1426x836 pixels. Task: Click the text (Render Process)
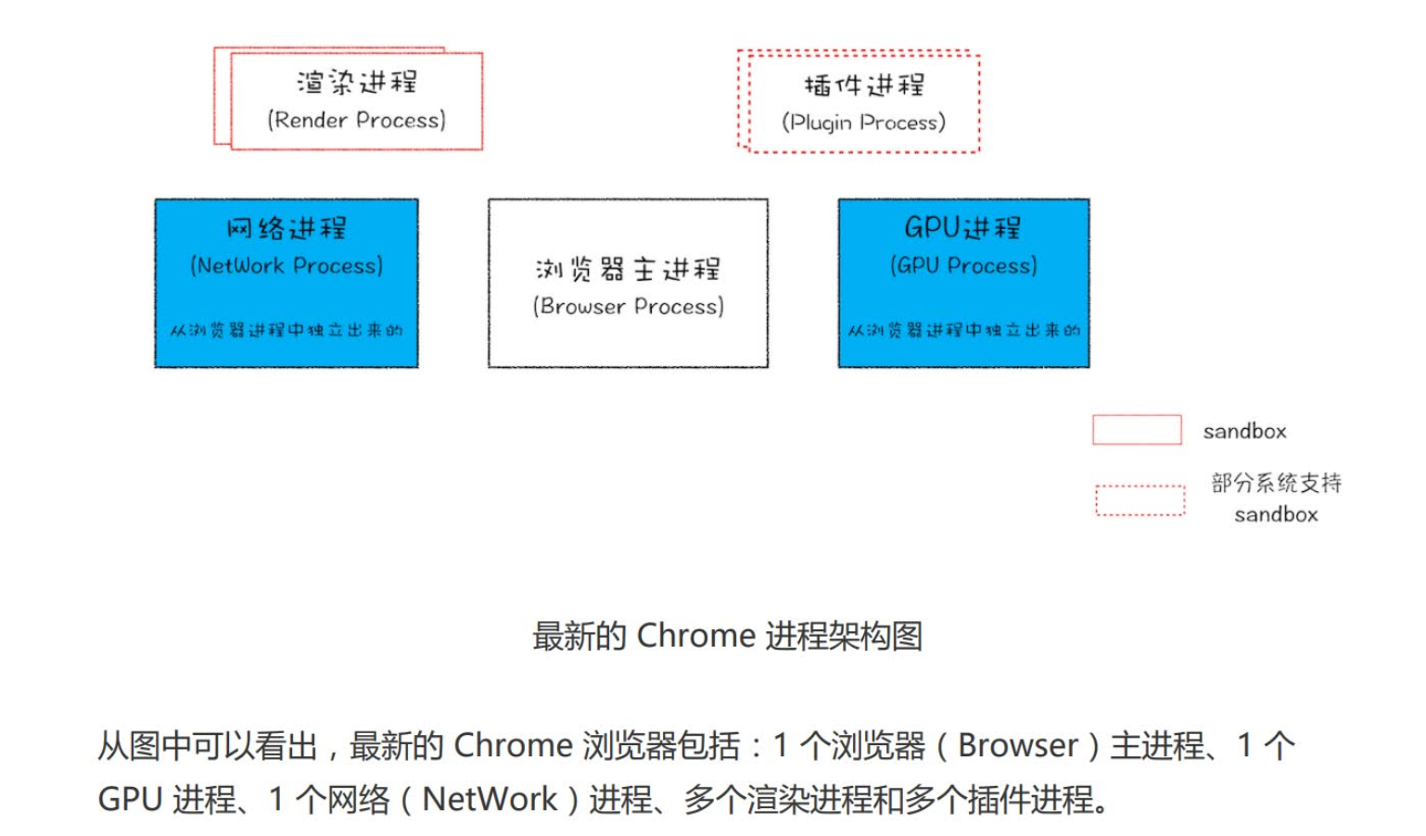(x=357, y=120)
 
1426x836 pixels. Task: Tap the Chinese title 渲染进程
(x=357, y=82)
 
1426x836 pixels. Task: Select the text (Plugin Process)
(x=863, y=122)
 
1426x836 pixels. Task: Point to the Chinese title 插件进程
(x=863, y=85)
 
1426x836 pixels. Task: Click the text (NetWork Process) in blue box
(x=286, y=266)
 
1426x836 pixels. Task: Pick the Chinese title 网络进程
(x=286, y=227)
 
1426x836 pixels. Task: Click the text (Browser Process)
(x=629, y=306)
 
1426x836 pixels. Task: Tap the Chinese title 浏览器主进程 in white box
(x=629, y=269)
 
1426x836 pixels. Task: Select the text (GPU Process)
(x=963, y=266)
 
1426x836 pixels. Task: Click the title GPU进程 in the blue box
(x=963, y=227)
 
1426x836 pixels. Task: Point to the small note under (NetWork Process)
(x=286, y=330)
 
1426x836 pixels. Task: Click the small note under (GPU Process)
(x=963, y=330)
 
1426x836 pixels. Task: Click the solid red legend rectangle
(x=1137, y=430)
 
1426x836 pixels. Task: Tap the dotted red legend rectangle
(x=1140, y=500)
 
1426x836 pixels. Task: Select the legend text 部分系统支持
(x=1276, y=483)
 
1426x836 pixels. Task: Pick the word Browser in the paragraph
(x=1017, y=745)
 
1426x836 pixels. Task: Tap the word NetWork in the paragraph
(x=490, y=799)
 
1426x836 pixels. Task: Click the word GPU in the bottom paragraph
(x=128, y=799)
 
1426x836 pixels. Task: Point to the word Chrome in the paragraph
(x=513, y=745)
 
